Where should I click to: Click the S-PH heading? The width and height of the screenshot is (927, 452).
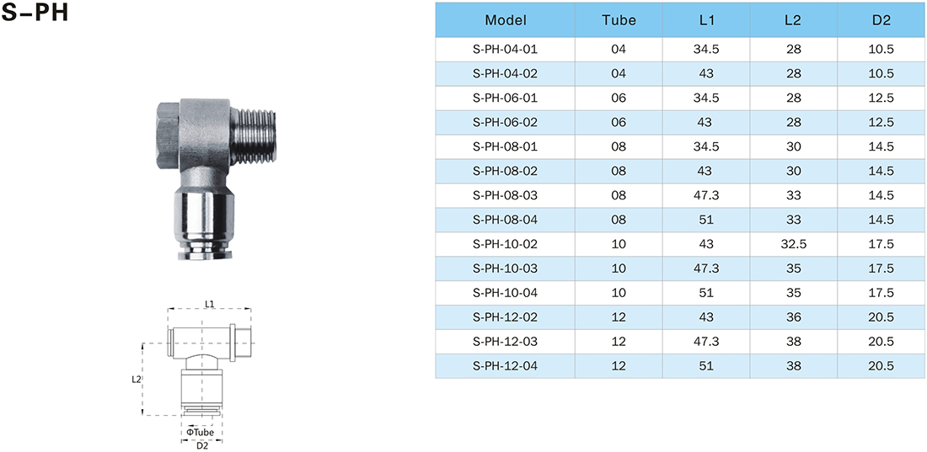(35, 13)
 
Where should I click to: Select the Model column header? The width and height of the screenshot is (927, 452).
(506, 20)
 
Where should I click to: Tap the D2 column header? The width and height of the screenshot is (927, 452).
(882, 20)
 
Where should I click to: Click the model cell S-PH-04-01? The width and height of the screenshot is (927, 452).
(506, 50)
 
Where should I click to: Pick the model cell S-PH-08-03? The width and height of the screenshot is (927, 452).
(506, 195)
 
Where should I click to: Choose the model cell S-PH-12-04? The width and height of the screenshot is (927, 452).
(506, 366)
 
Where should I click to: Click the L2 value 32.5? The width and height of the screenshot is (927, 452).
(794, 244)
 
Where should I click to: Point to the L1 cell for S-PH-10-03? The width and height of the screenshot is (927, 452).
(706, 269)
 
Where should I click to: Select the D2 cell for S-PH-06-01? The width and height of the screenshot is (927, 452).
(882, 98)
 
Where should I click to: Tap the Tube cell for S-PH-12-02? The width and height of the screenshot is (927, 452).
(619, 317)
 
